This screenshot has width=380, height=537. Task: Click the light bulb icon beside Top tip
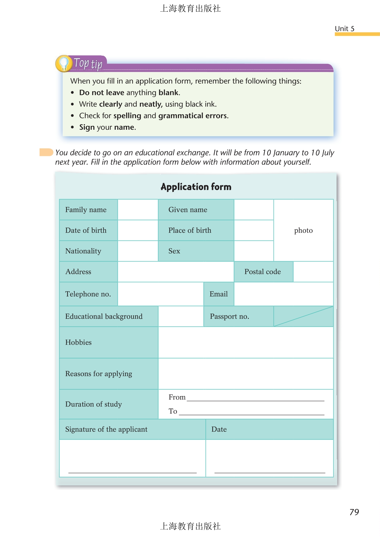point(64,63)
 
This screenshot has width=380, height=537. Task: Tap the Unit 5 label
point(344,29)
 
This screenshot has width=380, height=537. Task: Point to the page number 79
point(354,512)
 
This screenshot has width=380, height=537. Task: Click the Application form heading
point(196,187)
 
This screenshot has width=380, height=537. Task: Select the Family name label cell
point(88,210)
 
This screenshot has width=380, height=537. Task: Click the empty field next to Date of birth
point(138,230)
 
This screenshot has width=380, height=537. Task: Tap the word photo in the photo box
point(303,230)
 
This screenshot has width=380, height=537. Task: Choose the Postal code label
point(263,272)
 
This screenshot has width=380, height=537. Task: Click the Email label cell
point(219,294)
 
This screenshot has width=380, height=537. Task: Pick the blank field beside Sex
point(254,251)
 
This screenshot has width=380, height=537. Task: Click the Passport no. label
point(230,316)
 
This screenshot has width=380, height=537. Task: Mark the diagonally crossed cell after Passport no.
point(303,316)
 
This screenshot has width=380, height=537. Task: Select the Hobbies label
point(78,342)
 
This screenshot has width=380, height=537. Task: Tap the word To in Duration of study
point(173,411)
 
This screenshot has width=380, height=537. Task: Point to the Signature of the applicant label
point(106,429)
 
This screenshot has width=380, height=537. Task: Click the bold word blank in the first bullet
point(168,92)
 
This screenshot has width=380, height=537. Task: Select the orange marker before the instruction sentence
point(46,152)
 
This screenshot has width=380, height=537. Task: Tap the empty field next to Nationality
point(138,251)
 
